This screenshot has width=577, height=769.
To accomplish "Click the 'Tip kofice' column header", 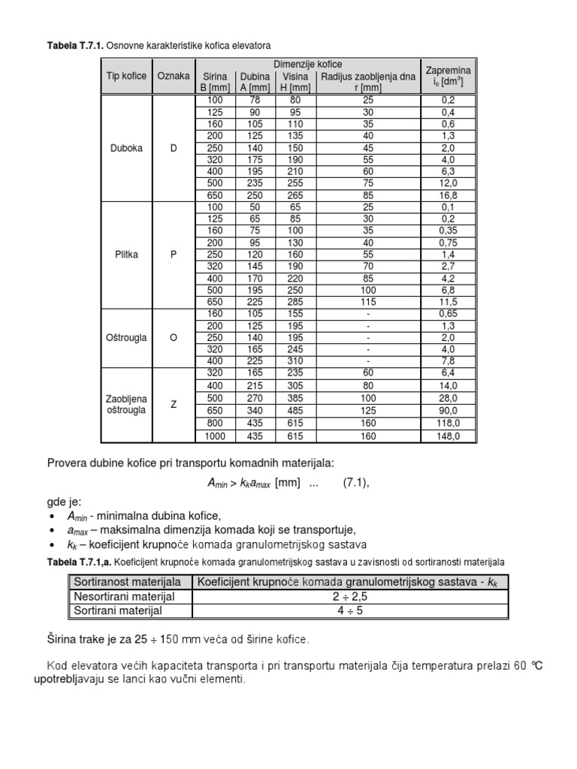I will (x=126, y=76).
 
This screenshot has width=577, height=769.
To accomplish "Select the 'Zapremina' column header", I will (x=448, y=76).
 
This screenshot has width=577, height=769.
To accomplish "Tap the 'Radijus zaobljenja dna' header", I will (x=367, y=81).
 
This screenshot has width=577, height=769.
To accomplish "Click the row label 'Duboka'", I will (x=126, y=148).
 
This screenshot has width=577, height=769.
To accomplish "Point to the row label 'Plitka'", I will (x=126, y=254).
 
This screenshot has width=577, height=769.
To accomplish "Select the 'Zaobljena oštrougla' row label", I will (x=126, y=404).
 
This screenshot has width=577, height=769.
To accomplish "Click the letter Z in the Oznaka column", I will (x=174, y=404).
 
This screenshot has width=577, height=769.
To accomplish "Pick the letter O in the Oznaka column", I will (x=174, y=338).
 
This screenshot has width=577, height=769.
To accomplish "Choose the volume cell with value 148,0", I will (x=448, y=436).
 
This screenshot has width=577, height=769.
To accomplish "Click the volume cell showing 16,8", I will (x=448, y=195).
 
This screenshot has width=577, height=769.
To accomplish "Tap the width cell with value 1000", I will (x=215, y=436).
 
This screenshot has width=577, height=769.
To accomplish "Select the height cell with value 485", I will (x=295, y=410).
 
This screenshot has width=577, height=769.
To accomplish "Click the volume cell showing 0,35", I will (x=448, y=230).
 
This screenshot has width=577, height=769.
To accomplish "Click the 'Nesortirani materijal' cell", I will (x=124, y=596).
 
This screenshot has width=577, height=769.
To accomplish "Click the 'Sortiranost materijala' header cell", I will (x=126, y=582).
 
